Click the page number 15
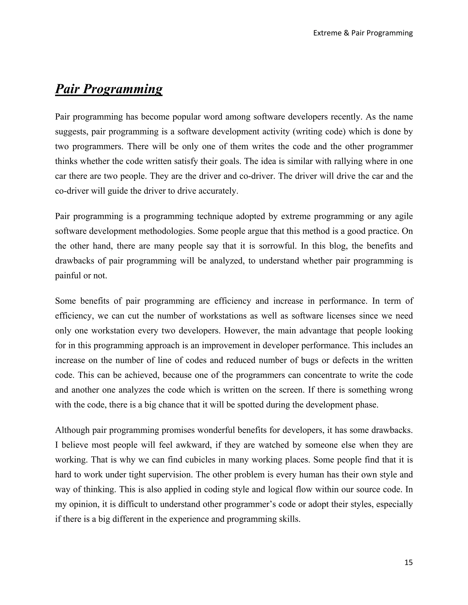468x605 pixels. (408, 562)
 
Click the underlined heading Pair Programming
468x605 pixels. (109, 89)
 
